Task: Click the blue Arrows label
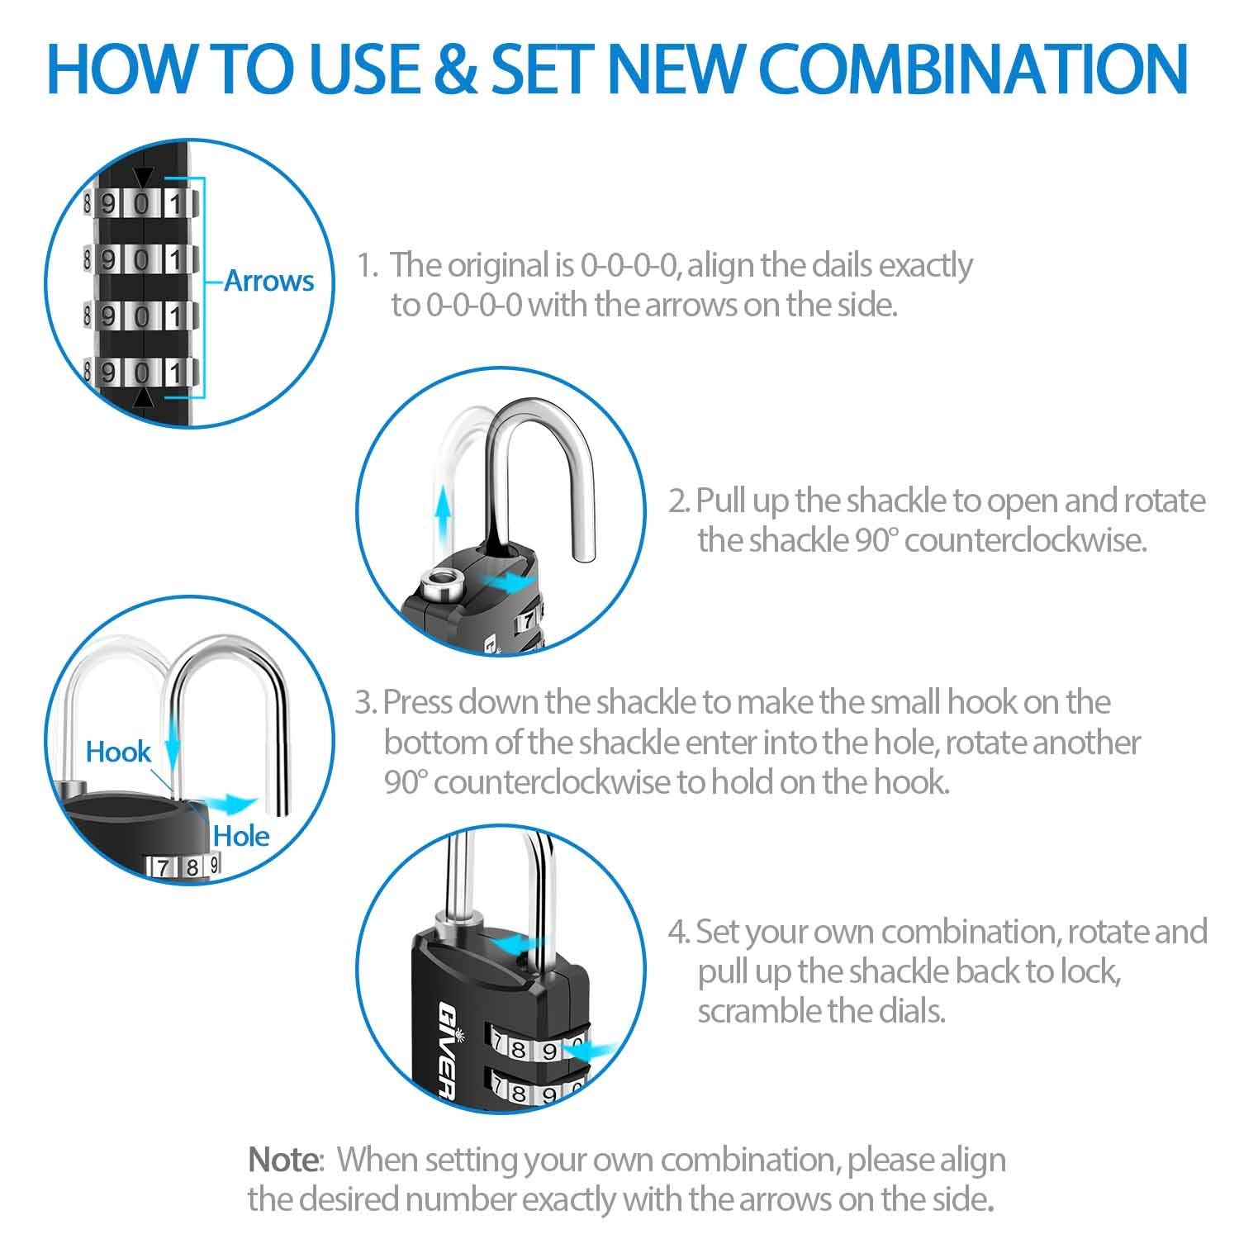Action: (x=269, y=281)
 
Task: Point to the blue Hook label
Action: (x=119, y=752)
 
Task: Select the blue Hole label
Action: (x=241, y=836)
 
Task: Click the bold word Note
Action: (x=283, y=1160)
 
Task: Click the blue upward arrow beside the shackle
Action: (x=444, y=512)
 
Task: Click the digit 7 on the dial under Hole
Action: (x=164, y=867)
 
